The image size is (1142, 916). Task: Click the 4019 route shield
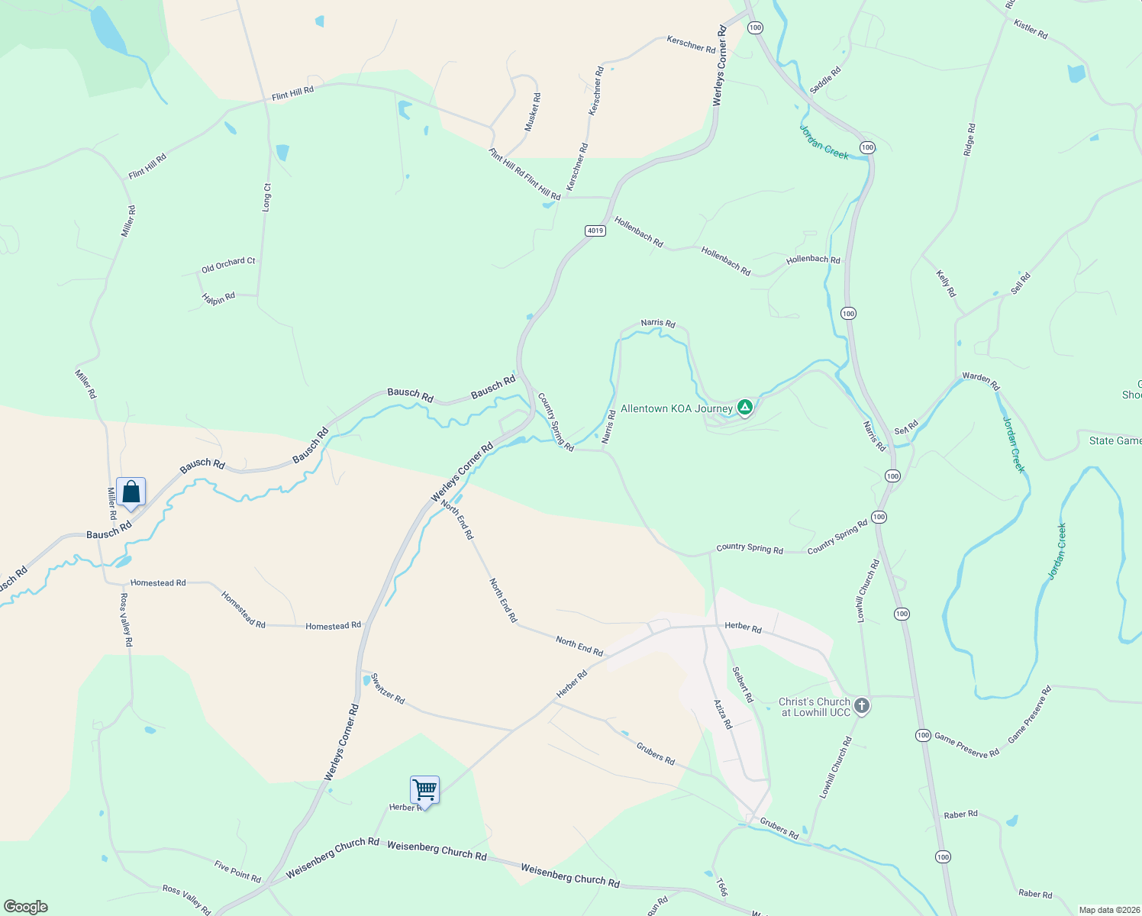click(595, 231)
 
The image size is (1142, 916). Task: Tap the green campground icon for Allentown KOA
click(745, 407)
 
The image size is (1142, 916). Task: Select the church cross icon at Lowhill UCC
click(862, 706)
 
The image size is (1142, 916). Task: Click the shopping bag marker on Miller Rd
click(131, 492)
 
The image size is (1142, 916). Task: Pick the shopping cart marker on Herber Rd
click(424, 790)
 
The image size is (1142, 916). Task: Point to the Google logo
click(26, 907)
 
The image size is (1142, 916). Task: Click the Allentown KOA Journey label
click(676, 409)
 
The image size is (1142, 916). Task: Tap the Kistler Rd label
click(1031, 30)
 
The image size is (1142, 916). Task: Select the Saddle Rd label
click(825, 80)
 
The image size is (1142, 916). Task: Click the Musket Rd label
click(533, 112)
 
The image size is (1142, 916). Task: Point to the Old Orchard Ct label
click(228, 265)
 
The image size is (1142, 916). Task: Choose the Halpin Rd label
click(218, 298)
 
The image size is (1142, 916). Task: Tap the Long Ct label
click(266, 197)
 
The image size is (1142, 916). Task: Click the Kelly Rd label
click(946, 283)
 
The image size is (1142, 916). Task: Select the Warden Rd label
click(981, 380)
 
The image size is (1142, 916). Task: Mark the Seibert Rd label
click(742, 685)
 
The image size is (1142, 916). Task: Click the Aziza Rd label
click(722, 714)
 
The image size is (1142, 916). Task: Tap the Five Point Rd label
click(237, 871)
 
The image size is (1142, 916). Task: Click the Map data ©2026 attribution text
click(1108, 910)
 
